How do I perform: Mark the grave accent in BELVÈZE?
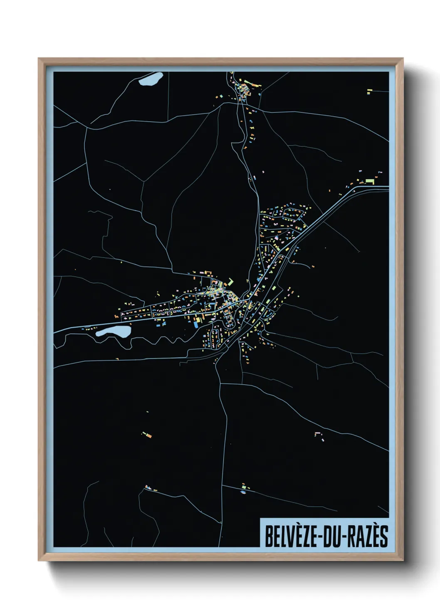click(295, 527)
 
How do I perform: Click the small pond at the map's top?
click(151, 79)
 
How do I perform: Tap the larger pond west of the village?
click(113, 332)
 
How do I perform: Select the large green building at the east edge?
click(370, 182)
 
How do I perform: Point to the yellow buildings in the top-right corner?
click(369, 91)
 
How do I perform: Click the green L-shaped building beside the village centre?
click(230, 282)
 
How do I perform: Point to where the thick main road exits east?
click(387, 187)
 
